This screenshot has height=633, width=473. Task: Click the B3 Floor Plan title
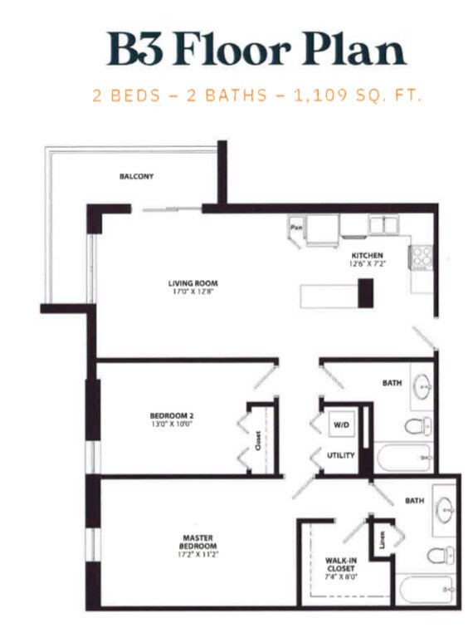point(256,49)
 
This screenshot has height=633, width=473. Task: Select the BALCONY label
point(136,176)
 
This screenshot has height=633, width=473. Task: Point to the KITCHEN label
point(366,255)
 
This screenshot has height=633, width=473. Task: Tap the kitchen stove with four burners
point(421,257)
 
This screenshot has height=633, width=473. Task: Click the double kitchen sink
point(383,224)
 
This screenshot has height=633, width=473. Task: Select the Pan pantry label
point(295,225)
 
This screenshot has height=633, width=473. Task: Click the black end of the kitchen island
point(365,293)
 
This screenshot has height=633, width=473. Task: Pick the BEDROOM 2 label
point(172,415)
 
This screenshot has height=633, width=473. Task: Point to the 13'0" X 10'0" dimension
point(172,424)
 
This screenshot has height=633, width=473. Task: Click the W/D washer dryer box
point(340,424)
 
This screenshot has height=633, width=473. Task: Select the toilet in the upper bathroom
point(417,426)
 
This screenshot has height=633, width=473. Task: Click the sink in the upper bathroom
point(422,387)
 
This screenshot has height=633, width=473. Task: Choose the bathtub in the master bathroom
point(426,590)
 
